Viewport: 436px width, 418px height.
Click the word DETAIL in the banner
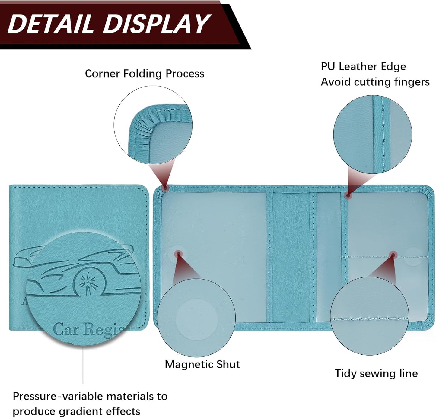click(51, 24)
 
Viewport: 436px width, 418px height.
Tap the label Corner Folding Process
click(145, 74)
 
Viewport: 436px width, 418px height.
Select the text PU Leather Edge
click(363, 67)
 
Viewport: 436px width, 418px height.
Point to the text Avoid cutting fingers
click(375, 82)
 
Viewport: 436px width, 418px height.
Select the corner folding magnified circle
click(153, 125)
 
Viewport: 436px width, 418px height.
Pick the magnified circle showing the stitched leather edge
click(373, 134)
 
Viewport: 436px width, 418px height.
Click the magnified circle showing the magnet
click(196, 318)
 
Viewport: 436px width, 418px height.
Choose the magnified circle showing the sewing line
click(369, 316)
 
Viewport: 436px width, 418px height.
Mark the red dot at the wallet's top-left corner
click(165, 188)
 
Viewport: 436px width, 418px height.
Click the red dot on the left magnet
click(178, 254)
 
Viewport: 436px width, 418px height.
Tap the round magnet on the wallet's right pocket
click(413, 257)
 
